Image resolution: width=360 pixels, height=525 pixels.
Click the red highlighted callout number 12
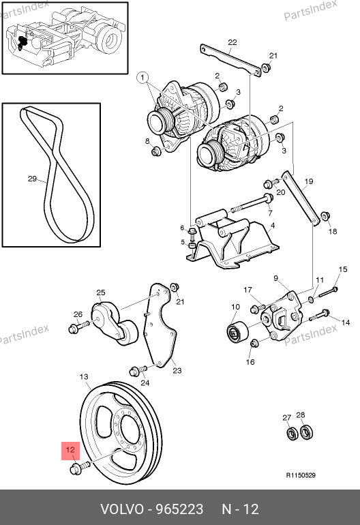point(70,450)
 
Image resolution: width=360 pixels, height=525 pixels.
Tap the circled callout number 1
point(142,78)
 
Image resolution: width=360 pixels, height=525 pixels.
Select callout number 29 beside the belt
point(32,179)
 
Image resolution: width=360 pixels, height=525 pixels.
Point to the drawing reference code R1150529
point(301,475)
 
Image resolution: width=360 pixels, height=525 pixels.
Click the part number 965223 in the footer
point(180,509)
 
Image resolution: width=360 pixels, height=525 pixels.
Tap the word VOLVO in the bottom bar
point(122,509)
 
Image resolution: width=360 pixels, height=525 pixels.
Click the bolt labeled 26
point(78,327)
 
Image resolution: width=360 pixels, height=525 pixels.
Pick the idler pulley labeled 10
point(237,333)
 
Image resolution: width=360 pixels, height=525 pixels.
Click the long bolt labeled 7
point(251,204)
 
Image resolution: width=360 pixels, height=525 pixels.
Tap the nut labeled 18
point(325,216)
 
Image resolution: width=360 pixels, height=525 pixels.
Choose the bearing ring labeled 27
point(292,434)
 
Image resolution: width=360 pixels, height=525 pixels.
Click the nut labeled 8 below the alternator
point(156,151)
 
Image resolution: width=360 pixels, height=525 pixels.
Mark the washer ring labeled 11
point(312,299)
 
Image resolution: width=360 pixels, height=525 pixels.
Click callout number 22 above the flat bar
point(232,42)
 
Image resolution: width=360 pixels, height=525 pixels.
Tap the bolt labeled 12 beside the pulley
point(80,467)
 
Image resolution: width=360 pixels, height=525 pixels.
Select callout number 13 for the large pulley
point(84,376)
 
